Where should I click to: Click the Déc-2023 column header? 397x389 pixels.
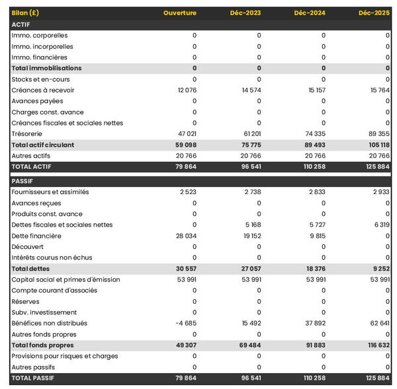point(245,13)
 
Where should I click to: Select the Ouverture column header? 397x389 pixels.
point(180,13)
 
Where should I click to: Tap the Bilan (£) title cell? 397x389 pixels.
point(24,13)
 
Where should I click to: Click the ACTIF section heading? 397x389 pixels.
point(21,24)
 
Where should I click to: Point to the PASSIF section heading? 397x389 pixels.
point(22,181)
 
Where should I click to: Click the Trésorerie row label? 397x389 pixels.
point(28,134)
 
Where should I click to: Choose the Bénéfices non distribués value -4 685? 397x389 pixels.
point(186,324)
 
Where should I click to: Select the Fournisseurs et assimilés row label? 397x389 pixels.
point(50,192)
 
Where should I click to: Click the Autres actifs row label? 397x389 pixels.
point(31,156)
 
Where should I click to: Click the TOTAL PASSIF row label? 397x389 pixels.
point(33,378)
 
